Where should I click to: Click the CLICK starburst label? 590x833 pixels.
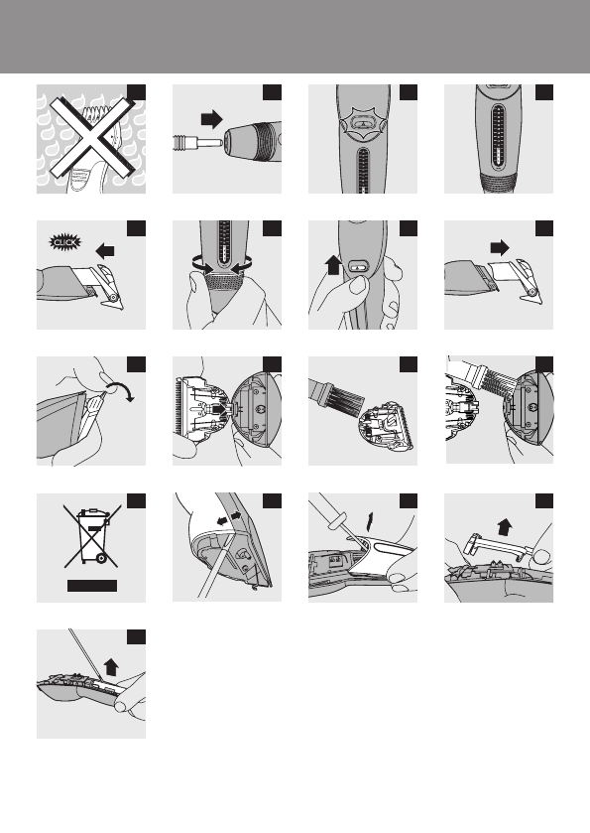65,243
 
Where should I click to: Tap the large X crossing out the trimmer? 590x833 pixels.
90,138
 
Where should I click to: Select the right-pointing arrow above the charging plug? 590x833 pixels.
211,119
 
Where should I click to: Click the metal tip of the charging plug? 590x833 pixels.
213,142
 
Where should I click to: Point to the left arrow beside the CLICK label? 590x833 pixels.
105,250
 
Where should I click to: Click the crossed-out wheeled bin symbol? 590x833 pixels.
92,535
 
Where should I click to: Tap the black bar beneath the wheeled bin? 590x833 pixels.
92,586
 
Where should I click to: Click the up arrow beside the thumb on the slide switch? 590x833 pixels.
333,264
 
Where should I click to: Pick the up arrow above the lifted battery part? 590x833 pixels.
505,527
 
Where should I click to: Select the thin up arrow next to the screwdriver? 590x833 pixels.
370,521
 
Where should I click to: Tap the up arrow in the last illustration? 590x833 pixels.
111,666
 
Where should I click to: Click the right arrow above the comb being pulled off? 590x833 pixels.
500,247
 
